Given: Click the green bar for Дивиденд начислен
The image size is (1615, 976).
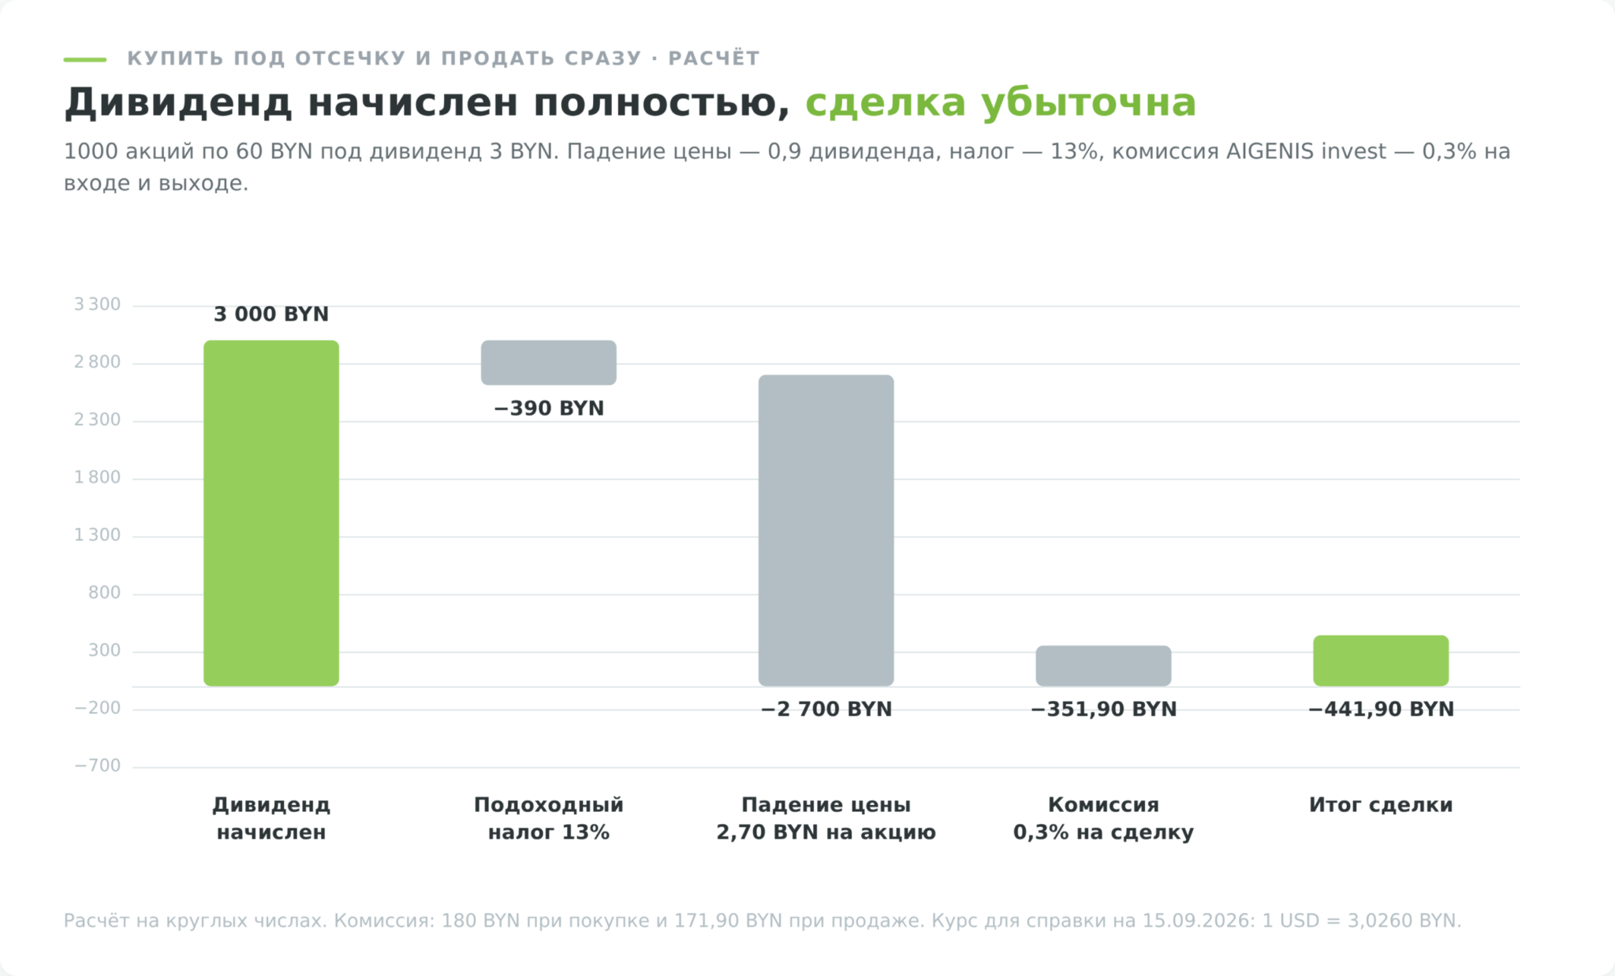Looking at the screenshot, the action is click(x=271, y=513).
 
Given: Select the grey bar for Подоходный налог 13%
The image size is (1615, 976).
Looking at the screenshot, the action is click(x=549, y=363).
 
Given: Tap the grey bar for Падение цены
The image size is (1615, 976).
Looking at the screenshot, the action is click(x=826, y=531).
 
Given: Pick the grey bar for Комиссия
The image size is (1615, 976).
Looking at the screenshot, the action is click(x=1103, y=666).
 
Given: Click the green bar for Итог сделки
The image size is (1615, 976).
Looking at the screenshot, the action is click(x=1381, y=661).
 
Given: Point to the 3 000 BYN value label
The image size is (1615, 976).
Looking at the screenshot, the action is click(x=271, y=315).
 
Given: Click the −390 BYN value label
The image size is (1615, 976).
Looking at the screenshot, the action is click(x=549, y=408).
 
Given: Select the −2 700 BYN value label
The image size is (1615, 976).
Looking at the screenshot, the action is click(x=826, y=710).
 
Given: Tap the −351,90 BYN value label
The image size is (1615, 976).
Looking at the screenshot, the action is click(x=1103, y=710).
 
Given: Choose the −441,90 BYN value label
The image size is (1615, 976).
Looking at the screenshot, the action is click(x=1381, y=710).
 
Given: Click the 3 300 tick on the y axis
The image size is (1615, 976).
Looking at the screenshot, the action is click(x=97, y=305).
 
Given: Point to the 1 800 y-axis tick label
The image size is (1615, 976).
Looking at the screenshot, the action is click(x=97, y=478).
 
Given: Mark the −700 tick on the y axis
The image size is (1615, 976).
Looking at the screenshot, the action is click(x=97, y=766).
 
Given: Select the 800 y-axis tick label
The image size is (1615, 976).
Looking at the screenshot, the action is click(x=104, y=593).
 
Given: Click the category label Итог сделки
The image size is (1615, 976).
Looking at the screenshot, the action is click(x=1381, y=805).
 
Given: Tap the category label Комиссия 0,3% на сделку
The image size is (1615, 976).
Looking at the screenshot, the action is click(x=1103, y=818).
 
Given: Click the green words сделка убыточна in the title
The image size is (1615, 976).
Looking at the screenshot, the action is click(x=1000, y=103).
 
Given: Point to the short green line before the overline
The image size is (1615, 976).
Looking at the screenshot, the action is click(x=85, y=59).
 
